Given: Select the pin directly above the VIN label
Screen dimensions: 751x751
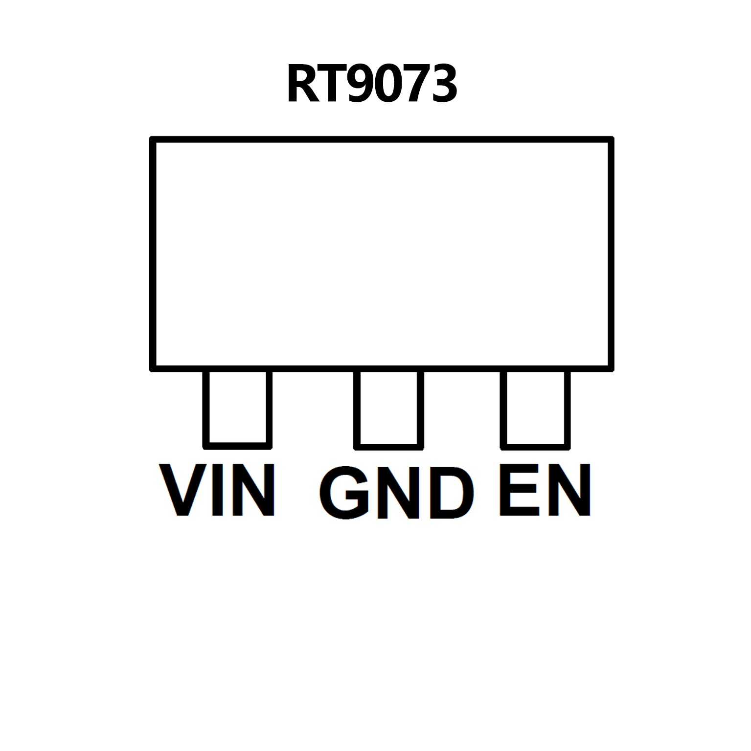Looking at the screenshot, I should click(237, 409).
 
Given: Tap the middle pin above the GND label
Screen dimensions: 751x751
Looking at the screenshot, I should click(388, 409).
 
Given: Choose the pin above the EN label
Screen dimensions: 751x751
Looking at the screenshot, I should click(535, 409).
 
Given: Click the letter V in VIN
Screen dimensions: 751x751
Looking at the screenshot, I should click(183, 490).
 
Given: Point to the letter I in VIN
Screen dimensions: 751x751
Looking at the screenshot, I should click(218, 490).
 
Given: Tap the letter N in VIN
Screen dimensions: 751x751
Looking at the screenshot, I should click(253, 490).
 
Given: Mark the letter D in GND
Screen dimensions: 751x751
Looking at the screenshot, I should click(453, 493).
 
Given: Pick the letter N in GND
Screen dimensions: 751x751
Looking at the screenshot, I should click(399, 493).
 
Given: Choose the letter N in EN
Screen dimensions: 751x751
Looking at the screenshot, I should click(569, 490).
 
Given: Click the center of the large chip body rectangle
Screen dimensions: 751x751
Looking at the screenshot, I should click(382, 254).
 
